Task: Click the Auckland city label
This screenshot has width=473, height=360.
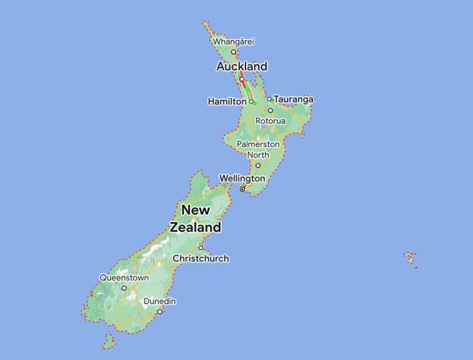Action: [x=242, y=66]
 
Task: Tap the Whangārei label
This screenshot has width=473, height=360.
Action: [x=233, y=41]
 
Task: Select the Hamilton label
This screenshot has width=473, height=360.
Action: [x=227, y=102]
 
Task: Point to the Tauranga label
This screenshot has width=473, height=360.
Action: [x=294, y=99]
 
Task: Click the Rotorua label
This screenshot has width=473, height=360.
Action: [x=271, y=121]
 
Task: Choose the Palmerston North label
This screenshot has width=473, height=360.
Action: [x=258, y=149]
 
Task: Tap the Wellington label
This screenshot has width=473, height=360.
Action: [x=242, y=179]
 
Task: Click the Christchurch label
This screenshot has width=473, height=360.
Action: [x=201, y=258]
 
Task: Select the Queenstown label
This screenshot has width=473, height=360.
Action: [x=124, y=278]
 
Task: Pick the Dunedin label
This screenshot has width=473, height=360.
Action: [x=160, y=301]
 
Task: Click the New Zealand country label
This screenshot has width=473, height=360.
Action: [x=196, y=219]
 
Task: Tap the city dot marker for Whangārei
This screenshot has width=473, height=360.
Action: [x=233, y=51]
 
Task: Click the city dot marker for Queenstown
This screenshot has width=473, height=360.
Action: [x=124, y=288]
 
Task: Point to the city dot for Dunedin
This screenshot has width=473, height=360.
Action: [x=160, y=311]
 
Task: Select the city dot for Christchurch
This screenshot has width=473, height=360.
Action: [x=201, y=248]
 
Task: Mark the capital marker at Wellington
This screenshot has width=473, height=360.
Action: [x=242, y=189]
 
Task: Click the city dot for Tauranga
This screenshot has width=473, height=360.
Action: [x=269, y=99]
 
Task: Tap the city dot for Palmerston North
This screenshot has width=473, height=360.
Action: [x=258, y=165]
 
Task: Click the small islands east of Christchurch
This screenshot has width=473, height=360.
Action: [x=411, y=258]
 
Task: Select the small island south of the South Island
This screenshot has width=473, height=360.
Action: [x=108, y=342]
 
